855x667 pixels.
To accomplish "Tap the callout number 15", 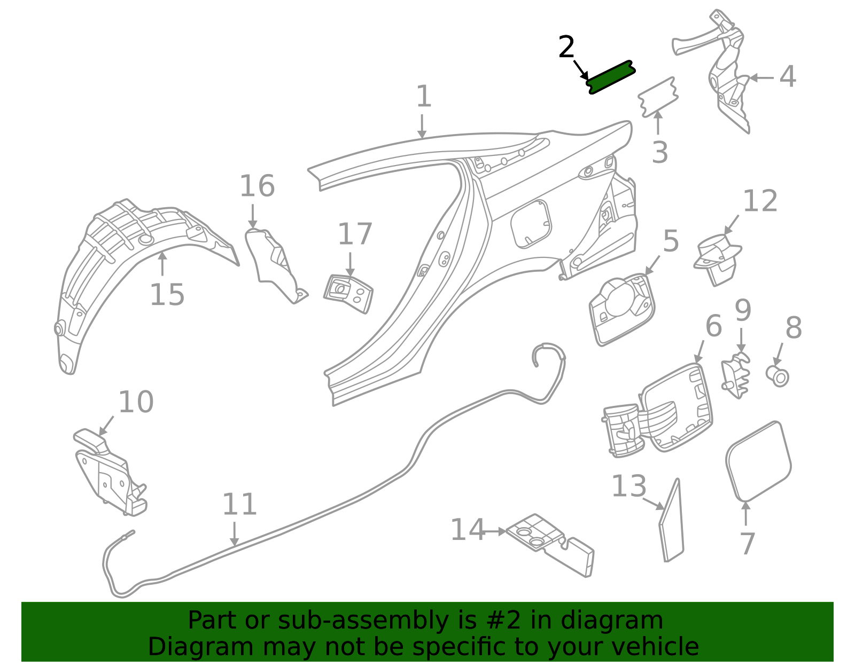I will click(x=167, y=295).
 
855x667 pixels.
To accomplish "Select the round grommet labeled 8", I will click(x=778, y=375).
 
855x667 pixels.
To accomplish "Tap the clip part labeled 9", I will click(x=736, y=376).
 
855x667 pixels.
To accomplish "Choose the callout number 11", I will click(x=239, y=504).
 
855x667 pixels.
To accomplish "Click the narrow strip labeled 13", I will click(x=672, y=521).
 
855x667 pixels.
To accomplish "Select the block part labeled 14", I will click(x=550, y=545).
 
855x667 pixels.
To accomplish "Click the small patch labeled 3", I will click(x=658, y=97).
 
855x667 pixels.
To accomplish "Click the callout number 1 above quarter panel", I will click(x=423, y=97).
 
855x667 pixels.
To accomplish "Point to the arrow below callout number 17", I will click(x=350, y=264).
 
